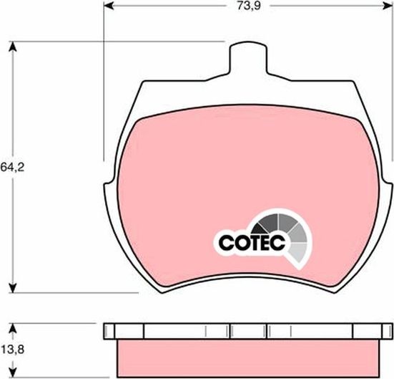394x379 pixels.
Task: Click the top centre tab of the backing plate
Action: [248, 56]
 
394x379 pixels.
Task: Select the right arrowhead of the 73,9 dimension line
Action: [389, 6]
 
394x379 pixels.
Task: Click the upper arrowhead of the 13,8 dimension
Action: [12, 327]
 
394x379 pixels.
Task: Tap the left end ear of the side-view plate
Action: [109, 331]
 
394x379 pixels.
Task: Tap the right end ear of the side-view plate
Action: [386, 331]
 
